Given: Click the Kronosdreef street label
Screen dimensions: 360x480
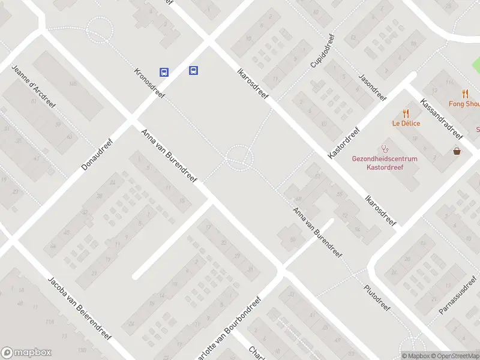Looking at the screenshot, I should pyautogui.click(x=149, y=83).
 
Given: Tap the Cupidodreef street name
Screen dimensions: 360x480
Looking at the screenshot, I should pyautogui.click(x=322, y=50).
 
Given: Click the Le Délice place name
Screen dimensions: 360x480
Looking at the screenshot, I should pyautogui.click(x=406, y=124).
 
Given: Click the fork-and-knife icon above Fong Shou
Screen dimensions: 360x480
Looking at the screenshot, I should pyautogui.click(x=465, y=94).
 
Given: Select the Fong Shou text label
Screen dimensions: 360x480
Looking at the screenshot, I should pyautogui.click(x=465, y=104).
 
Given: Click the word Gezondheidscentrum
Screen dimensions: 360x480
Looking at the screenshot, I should pyautogui.click(x=385, y=158).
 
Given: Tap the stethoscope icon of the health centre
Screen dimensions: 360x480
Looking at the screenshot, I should pyautogui.click(x=385, y=148).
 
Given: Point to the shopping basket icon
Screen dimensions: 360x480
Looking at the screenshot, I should pyautogui.click(x=458, y=151).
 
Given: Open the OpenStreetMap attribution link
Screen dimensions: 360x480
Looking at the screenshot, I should pyautogui.click(x=455, y=356).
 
